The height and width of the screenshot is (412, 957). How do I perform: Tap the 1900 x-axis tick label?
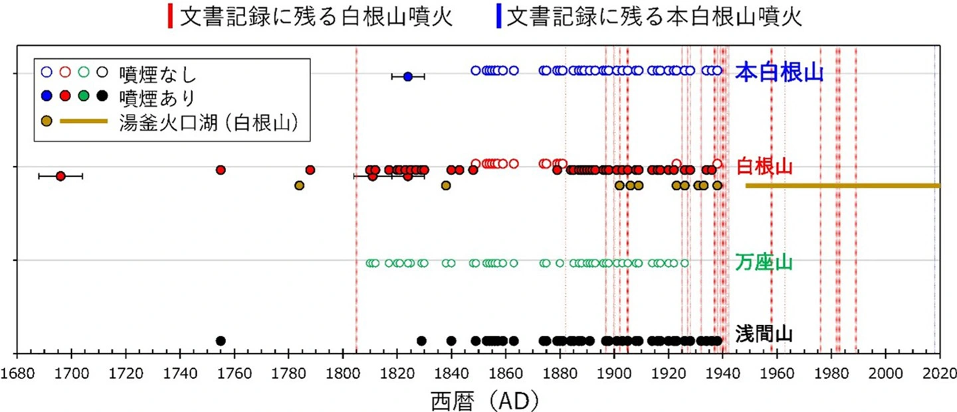click(x=614, y=372)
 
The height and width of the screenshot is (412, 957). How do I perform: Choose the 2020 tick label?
click(x=940, y=372)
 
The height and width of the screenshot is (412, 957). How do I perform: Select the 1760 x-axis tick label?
click(x=234, y=372)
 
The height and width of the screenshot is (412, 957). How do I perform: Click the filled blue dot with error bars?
click(x=408, y=77)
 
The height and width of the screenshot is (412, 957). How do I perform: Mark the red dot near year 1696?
click(x=60, y=176)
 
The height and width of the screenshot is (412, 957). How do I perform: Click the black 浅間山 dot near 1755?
click(x=221, y=341)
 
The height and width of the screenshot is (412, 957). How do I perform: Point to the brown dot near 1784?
click(x=299, y=185)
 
